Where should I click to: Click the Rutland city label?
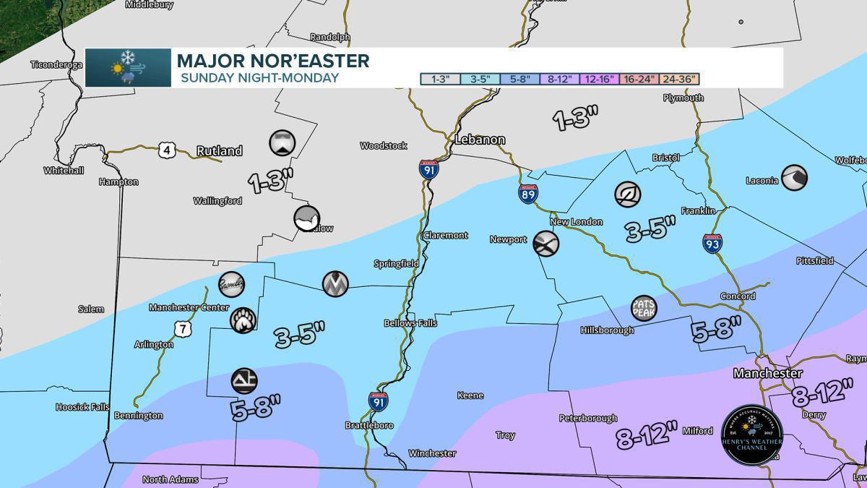220,151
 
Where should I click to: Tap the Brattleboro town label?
369,426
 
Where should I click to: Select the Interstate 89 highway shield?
527,194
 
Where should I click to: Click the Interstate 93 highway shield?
712,243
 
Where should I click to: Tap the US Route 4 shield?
166,150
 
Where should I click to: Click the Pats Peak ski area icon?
644,308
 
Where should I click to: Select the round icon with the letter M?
335,283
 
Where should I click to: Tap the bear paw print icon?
242,320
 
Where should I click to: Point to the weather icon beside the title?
128,68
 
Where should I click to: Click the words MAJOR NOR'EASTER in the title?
273,61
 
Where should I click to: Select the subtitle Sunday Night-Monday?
259,77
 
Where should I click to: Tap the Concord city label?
738,296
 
